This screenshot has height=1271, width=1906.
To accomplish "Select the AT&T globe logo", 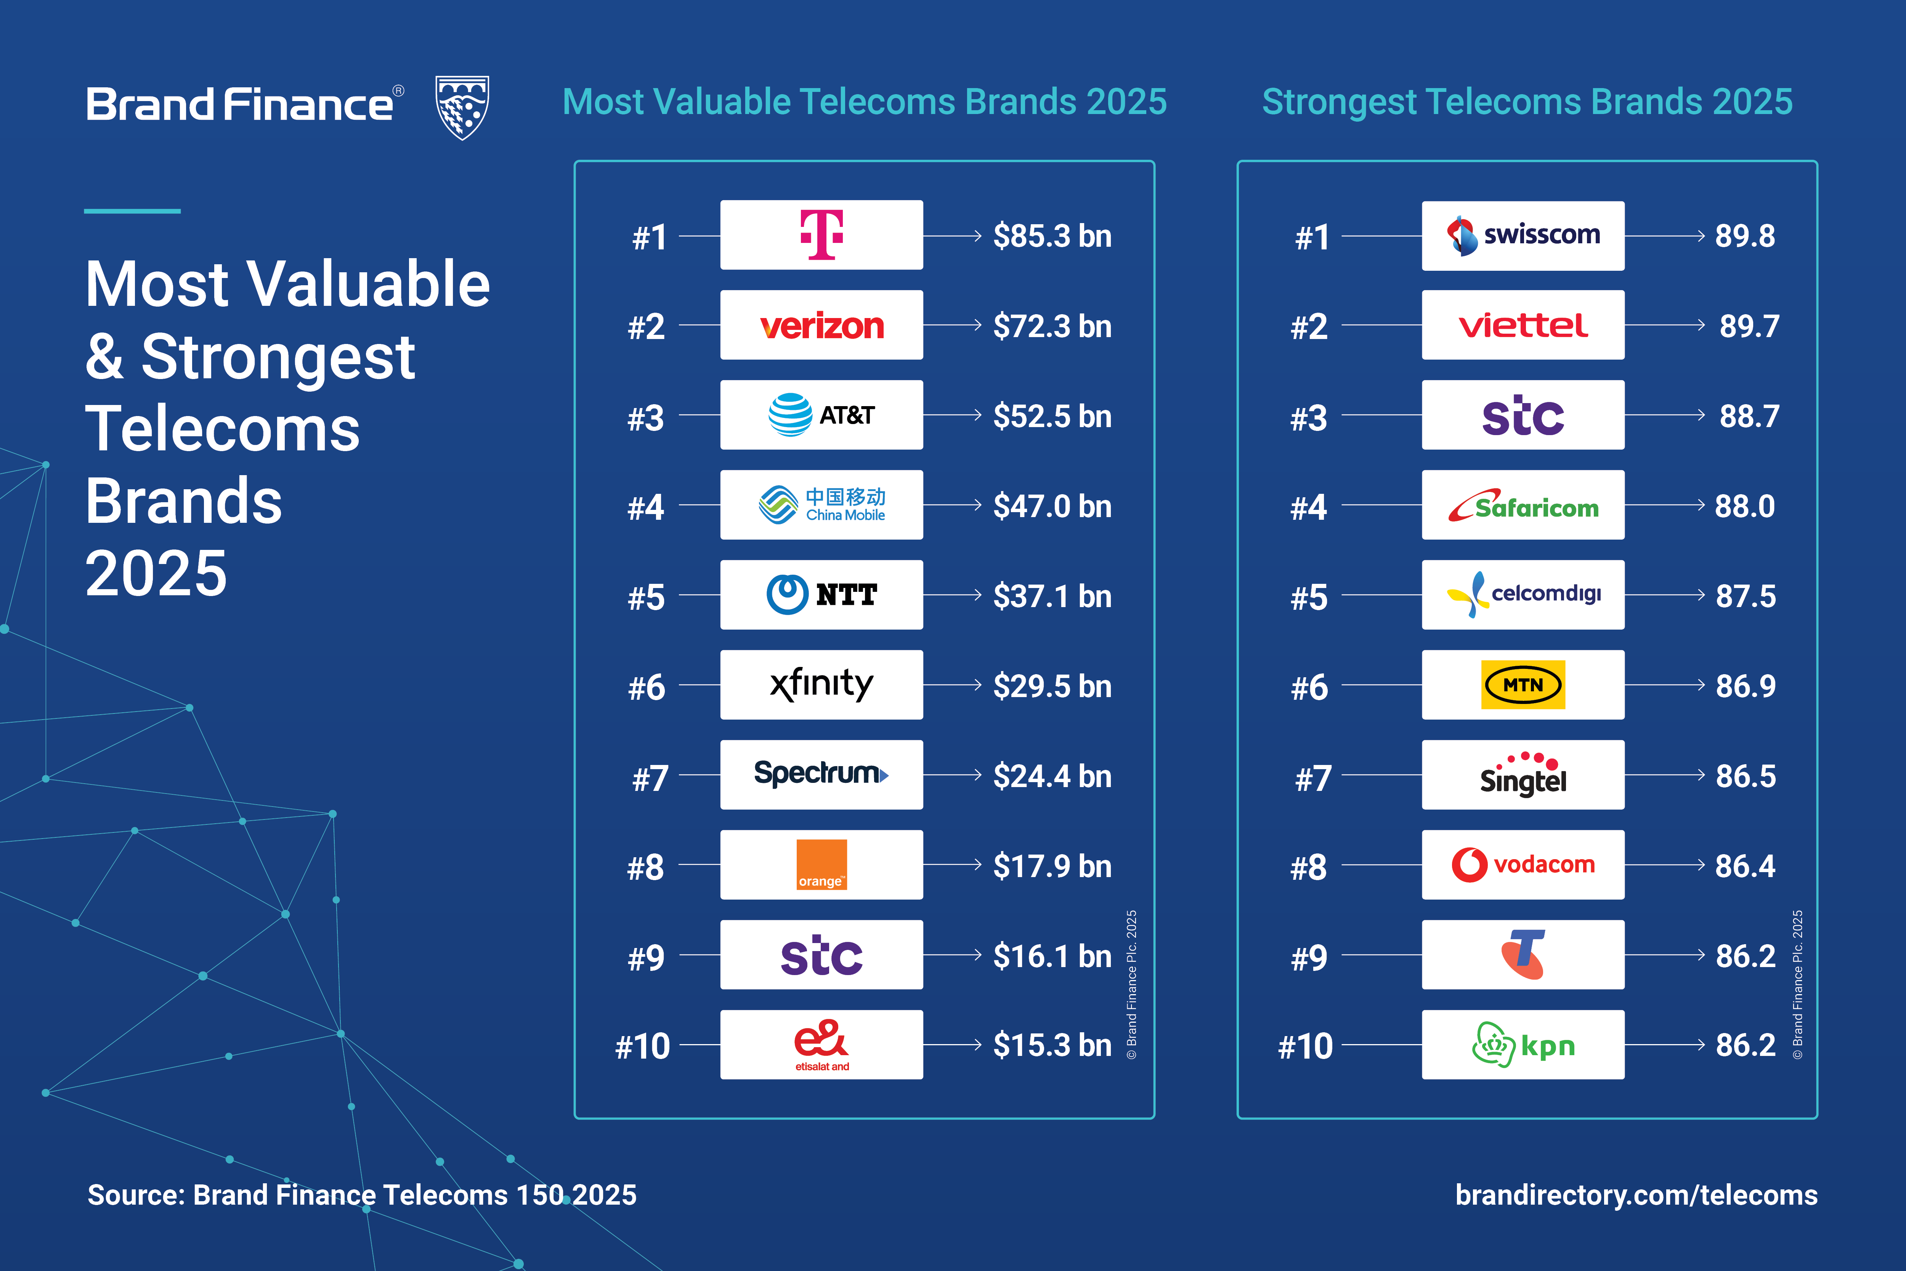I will pos(790,415).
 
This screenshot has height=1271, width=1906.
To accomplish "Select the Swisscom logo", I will pos(1523,235).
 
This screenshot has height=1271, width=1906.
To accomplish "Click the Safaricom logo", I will pos(1523,506).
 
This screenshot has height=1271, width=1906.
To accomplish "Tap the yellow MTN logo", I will pos(1523,685).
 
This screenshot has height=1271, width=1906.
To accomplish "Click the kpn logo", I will pos(1523,1045).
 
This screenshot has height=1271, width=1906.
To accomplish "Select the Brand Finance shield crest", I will pos(462,107).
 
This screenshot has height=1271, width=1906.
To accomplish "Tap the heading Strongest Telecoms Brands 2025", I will pos(1527,102).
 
